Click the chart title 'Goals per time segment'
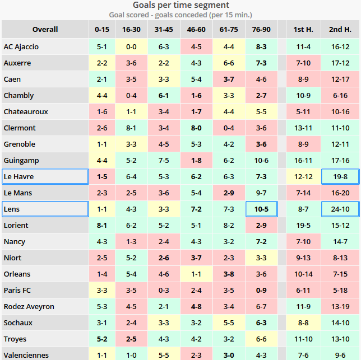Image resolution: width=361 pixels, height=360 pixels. [180, 5]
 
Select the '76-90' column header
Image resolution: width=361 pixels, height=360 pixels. [261, 29]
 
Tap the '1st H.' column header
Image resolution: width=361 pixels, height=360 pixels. [303, 29]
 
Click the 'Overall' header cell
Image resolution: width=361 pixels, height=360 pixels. [45, 29]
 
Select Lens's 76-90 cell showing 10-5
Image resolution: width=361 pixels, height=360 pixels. [261, 209]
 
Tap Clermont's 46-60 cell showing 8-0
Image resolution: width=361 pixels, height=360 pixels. [196, 128]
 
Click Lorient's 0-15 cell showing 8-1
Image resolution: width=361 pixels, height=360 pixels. [102, 226]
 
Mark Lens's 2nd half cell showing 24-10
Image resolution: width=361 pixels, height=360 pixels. [340, 209]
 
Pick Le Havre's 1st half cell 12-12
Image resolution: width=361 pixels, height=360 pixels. [303, 177]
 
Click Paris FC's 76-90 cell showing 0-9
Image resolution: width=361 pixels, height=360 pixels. [261, 291]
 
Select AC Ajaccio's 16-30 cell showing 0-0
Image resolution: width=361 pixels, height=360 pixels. [131, 47]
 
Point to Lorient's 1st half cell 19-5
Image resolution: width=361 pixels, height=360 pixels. [303, 226]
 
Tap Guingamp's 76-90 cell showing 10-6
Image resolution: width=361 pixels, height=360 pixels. [261, 161]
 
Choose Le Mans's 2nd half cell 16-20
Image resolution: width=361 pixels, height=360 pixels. [340, 193]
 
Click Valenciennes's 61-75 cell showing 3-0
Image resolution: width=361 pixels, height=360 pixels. [229, 355]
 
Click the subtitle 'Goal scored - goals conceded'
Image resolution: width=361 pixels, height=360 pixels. [180, 15]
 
